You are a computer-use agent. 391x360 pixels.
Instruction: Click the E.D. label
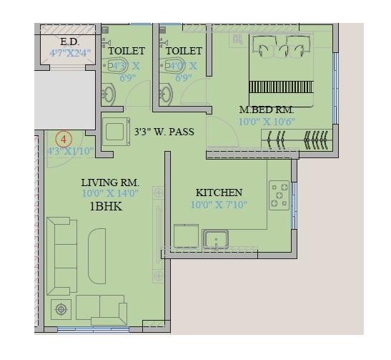click(69, 42)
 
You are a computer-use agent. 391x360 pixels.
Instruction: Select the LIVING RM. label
click(109, 183)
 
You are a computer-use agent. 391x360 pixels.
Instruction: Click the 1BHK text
click(106, 206)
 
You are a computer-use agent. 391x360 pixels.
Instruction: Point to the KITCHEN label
click(219, 193)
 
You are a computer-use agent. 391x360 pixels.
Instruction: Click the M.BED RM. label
click(266, 110)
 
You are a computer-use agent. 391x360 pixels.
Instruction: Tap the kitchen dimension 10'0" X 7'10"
click(219, 205)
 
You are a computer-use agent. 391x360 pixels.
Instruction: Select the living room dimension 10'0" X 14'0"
click(109, 194)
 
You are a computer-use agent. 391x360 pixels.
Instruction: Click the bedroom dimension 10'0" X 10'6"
click(266, 122)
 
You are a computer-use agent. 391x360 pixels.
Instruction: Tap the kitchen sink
click(215, 239)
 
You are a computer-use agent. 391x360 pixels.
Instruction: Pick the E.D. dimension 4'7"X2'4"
click(69, 53)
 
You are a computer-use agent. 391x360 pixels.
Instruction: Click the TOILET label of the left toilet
click(126, 51)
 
